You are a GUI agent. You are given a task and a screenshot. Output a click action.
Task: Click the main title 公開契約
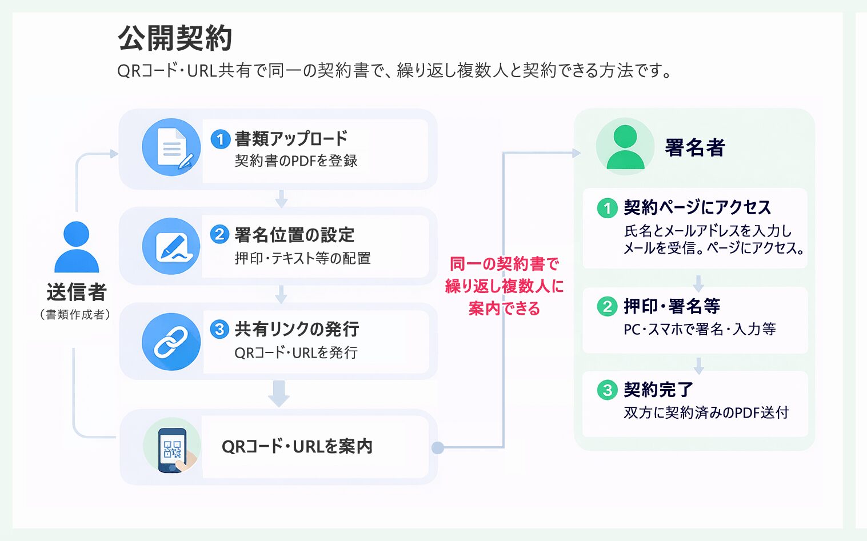pyautogui.click(x=175, y=39)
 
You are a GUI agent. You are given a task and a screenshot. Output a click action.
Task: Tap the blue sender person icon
pyautogui.click(x=77, y=247)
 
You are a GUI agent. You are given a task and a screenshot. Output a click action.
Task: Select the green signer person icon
pyautogui.click(x=625, y=147)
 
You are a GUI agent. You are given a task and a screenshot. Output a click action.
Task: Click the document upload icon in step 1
pyautogui.click(x=171, y=147)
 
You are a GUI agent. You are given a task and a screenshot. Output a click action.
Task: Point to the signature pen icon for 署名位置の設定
pyautogui.click(x=171, y=246)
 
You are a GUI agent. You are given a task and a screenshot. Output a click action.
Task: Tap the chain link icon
pyautogui.click(x=171, y=342)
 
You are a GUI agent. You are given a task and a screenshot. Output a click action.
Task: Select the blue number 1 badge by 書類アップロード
pyautogui.click(x=221, y=139)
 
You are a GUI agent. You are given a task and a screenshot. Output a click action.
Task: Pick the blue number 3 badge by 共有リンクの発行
pyautogui.click(x=219, y=329)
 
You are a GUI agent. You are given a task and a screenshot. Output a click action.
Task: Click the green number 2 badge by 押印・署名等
pyautogui.click(x=607, y=307)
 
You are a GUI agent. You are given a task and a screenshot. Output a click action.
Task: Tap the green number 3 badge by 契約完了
pyautogui.click(x=607, y=390)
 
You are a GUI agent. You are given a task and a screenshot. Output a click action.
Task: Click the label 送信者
pyautogui.click(x=77, y=292)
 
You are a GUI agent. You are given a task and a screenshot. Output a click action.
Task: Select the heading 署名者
pyautogui.click(x=695, y=148)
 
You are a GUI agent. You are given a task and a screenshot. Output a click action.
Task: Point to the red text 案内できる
pyautogui.click(x=504, y=308)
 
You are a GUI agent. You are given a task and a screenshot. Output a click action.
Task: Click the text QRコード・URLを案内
pyautogui.click(x=297, y=447)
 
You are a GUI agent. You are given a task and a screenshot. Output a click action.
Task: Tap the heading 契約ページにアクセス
pyautogui.click(x=697, y=207)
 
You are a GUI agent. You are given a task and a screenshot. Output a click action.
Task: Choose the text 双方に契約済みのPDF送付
pyautogui.click(x=706, y=412)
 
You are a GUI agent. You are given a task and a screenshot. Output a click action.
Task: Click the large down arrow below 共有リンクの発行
pyautogui.click(x=279, y=394)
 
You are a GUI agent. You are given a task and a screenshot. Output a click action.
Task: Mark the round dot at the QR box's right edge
pyautogui.click(x=438, y=448)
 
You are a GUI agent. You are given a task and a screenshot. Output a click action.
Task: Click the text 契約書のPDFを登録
pyautogui.click(x=296, y=161)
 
